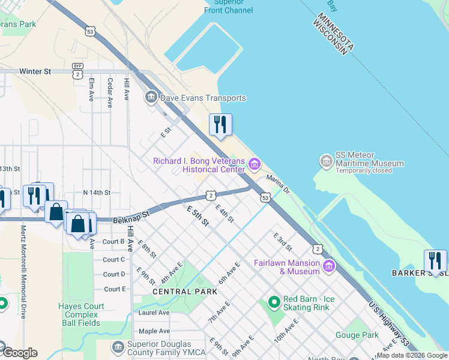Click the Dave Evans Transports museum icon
(151, 97)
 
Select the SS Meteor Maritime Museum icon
(327, 161)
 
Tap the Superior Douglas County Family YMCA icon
(118, 347)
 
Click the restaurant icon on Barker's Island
(435, 260)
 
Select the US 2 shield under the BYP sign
(78, 74)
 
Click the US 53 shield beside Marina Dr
(265, 197)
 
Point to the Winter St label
(35, 71)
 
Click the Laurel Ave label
(154, 313)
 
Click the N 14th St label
(97, 193)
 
